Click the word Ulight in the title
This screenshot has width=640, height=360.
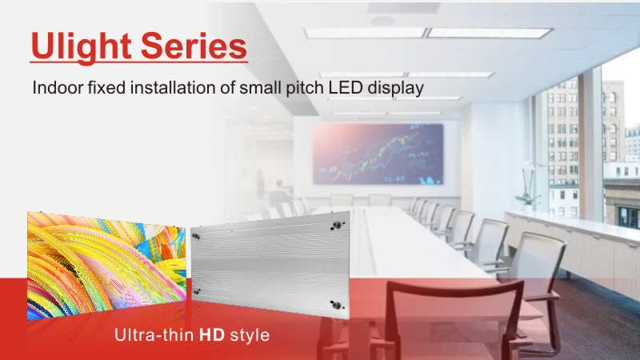tap(82, 46)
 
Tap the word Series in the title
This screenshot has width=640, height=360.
tap(194, 46)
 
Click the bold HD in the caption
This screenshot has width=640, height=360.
tap(212, 334)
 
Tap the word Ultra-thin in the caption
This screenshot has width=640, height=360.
tap(154, 334)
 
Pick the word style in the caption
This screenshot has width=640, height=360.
tap(250, 336)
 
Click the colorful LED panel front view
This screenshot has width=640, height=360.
tap(106, 266)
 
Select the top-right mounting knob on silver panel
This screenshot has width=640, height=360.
tap(337, 225)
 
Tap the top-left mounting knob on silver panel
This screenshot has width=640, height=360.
tap(196, 236)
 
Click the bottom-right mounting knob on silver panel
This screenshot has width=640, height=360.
tap(336, 305)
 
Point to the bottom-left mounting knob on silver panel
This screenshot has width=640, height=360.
tap(196, 292)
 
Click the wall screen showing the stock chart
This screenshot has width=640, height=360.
tap(378, 154)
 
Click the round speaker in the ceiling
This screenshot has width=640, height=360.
tap(382, 21)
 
